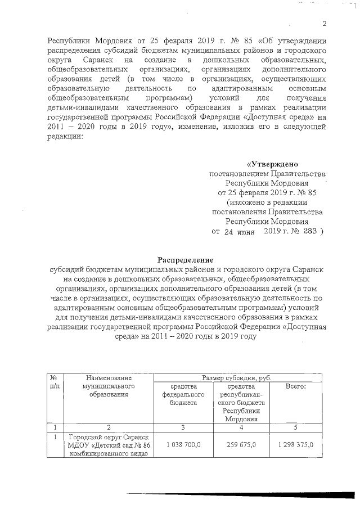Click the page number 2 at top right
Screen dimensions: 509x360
click(325, 23)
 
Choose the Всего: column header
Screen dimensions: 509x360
click(295, 387)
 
